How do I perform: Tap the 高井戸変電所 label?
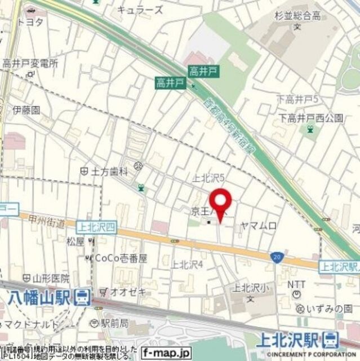tap(30, 64)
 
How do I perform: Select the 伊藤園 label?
tap(27, 110)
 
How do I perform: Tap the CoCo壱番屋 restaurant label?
tap(120, 258)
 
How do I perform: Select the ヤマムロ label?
tap(259, 226)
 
